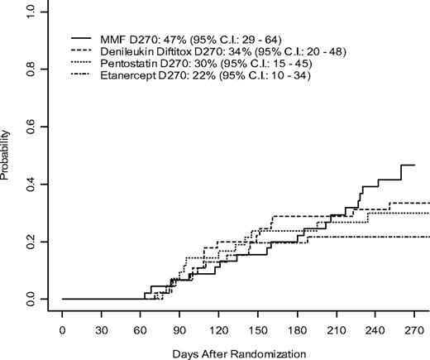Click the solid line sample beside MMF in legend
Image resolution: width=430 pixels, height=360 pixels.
pyautogui.click(x=80, y=39)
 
